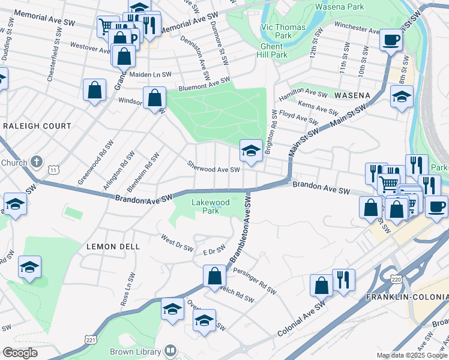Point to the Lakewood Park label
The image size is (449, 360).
pos(210,206)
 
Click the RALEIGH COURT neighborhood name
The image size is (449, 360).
pos(37,126)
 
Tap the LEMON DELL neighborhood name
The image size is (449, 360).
pos(113,247)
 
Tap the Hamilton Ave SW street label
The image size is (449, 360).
pos(303,94)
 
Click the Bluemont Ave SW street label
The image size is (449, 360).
pos(204,84)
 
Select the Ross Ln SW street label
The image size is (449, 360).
pos(128,289)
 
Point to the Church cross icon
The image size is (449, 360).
pos(37,161)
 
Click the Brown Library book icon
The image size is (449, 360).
pos(170,350)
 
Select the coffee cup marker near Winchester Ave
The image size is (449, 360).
pos(391,41)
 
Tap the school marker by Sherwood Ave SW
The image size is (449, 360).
pos(250,151)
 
